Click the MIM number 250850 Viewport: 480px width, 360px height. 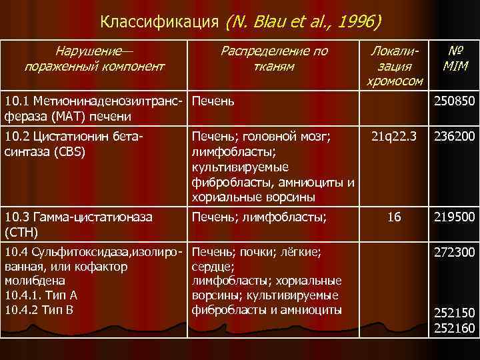pyautogui.click(x=454, y=101)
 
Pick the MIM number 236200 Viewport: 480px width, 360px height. pyautogui.click(x=454, y=136)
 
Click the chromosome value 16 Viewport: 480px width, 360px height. pyautogui.click(x=395, y=217)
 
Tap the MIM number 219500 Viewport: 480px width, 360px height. pyautogui.click(x=454, y=217)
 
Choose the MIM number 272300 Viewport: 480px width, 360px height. pyautogui.click(x=454, y=252)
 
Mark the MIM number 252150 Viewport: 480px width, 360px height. pyautogui.click(x=454, y=313)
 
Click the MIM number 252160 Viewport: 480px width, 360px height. pyautogui.click(x=454, y=327)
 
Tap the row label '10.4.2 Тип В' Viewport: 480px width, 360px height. pyautogui.click(x=39, y=310)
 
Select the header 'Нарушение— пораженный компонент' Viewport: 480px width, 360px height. pyautogui.click(x=94, y=59)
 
